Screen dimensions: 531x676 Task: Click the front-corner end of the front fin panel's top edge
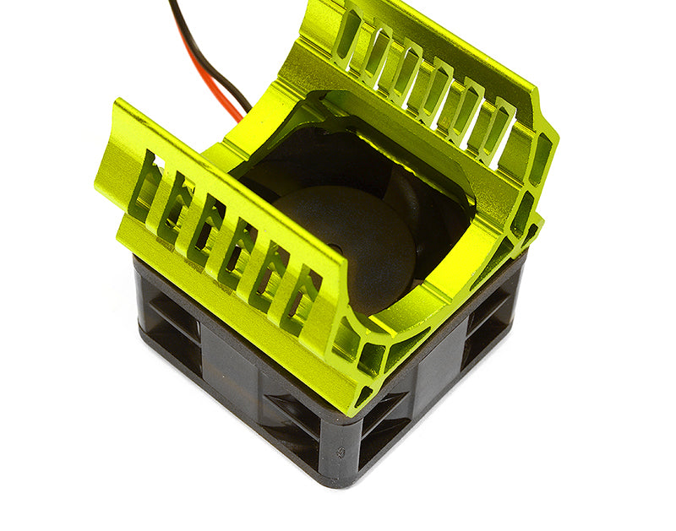[338, 279]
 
